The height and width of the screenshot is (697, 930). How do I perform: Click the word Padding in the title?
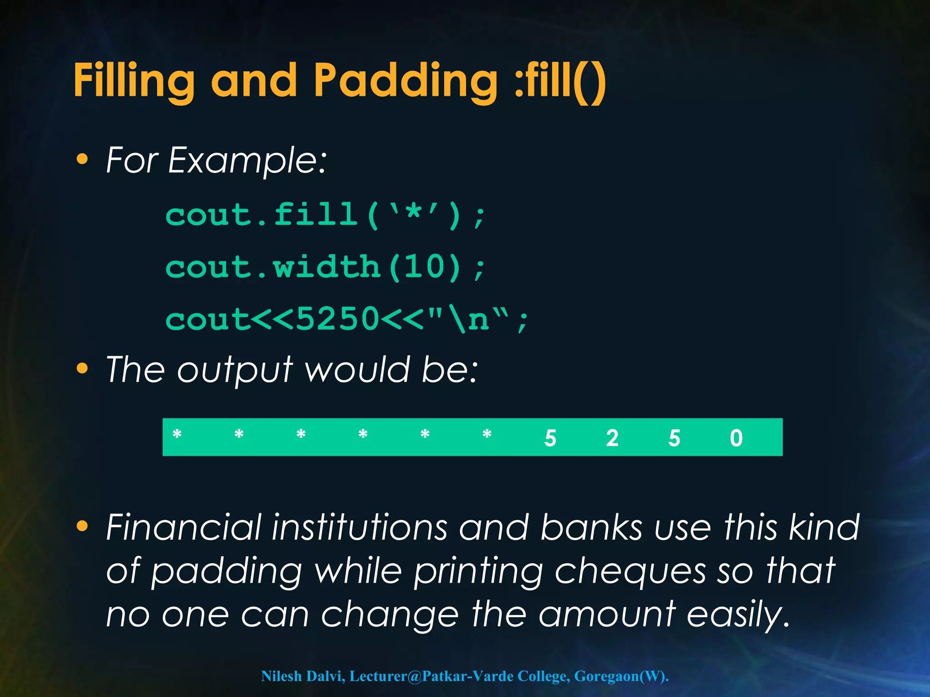pos(405,81)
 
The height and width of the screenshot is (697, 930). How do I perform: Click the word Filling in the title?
pos(134,81)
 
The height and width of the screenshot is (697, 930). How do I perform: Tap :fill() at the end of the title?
pos(560,81)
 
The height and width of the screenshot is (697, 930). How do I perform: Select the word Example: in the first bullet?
pos(247,160)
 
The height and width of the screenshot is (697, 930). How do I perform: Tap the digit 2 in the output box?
pos(612,438)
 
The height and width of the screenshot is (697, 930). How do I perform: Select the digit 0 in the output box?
pos(736,438)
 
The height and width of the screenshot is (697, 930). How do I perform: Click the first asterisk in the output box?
pos(177,435)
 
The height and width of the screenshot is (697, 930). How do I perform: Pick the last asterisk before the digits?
pos(487,435)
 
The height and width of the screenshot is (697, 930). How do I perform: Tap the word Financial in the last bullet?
pos(183,527)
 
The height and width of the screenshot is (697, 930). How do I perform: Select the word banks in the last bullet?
pos(591,527)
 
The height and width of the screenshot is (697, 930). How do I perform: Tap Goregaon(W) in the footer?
pos(619,676)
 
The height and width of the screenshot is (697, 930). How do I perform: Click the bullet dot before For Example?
pos(82,159)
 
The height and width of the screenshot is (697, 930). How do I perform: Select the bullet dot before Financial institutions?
pos(82,526)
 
